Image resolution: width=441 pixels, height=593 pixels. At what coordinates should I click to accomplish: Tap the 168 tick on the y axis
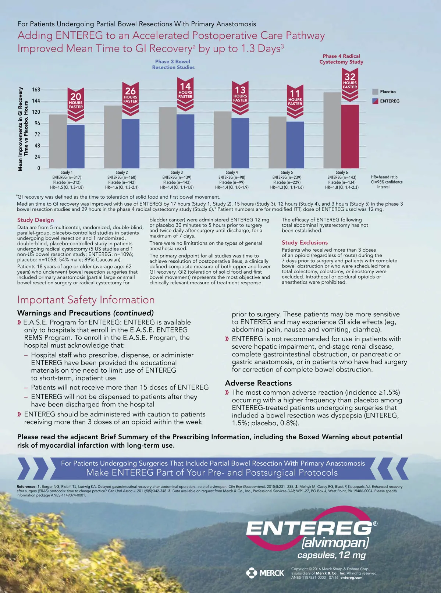click(36, 90)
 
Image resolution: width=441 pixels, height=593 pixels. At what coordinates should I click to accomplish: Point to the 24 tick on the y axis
click(37, 157)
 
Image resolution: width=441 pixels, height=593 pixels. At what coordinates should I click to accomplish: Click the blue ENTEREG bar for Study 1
click(75, 146)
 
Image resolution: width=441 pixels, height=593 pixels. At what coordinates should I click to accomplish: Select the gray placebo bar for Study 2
click(113, 136)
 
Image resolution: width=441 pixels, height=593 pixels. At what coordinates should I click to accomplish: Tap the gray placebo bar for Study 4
click(223, 139)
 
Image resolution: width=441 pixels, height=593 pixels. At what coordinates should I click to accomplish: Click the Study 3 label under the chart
click(177, 172)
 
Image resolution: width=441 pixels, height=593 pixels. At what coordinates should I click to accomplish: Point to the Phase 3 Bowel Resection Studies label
click(173, 64)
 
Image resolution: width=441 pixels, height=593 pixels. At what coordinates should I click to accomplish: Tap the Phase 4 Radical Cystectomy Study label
click(341, 59)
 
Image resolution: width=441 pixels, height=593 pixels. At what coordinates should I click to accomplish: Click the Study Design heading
click(35, 220)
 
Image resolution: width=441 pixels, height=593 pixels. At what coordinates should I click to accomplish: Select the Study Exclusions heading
click(305, 242)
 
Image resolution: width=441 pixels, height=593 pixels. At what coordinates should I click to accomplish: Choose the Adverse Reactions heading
click(258, 383)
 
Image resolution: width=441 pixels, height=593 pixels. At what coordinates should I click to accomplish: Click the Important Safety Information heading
click(86, 300)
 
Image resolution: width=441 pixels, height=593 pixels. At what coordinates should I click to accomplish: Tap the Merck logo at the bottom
click(265, 573)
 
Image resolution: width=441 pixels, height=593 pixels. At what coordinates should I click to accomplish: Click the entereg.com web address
click(351, 578)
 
